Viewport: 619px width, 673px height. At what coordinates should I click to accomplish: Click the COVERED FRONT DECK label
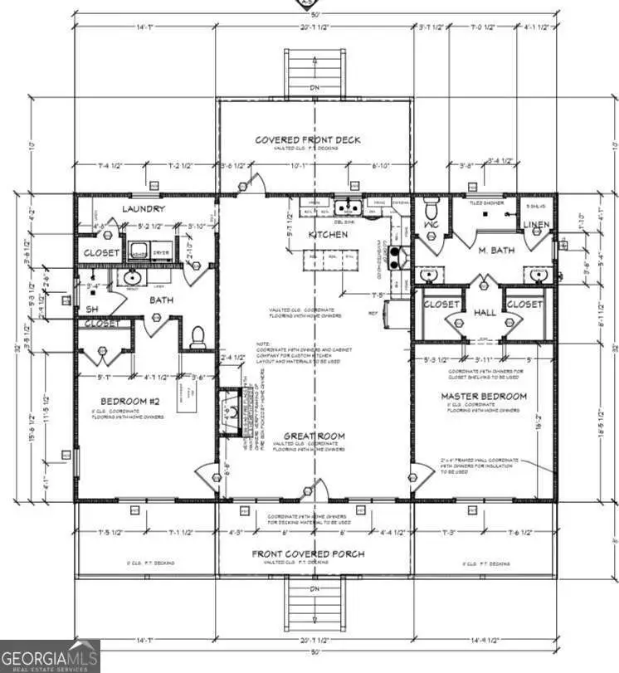[307, 140]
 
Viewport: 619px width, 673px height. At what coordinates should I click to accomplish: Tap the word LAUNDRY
[144, 209]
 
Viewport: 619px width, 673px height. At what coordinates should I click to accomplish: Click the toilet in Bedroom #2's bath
[197, 334]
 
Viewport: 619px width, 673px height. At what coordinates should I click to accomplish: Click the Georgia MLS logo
[50, 656]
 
